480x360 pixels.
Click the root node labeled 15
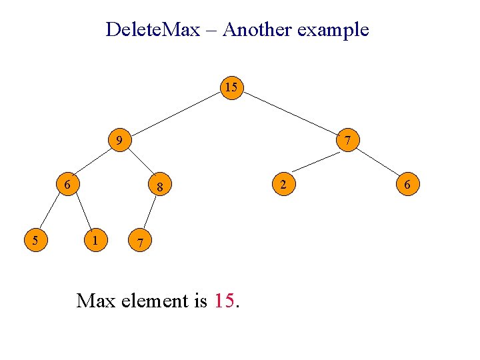(231, 88)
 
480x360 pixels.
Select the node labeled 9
(119, 141)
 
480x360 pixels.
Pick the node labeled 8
(160, 187)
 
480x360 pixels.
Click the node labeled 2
(283, 184)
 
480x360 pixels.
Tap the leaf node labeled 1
(97, 239)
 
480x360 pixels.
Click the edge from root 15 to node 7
(289, 114)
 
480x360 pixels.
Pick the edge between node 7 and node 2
(315, 162)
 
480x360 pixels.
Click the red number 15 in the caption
(225, 301)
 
